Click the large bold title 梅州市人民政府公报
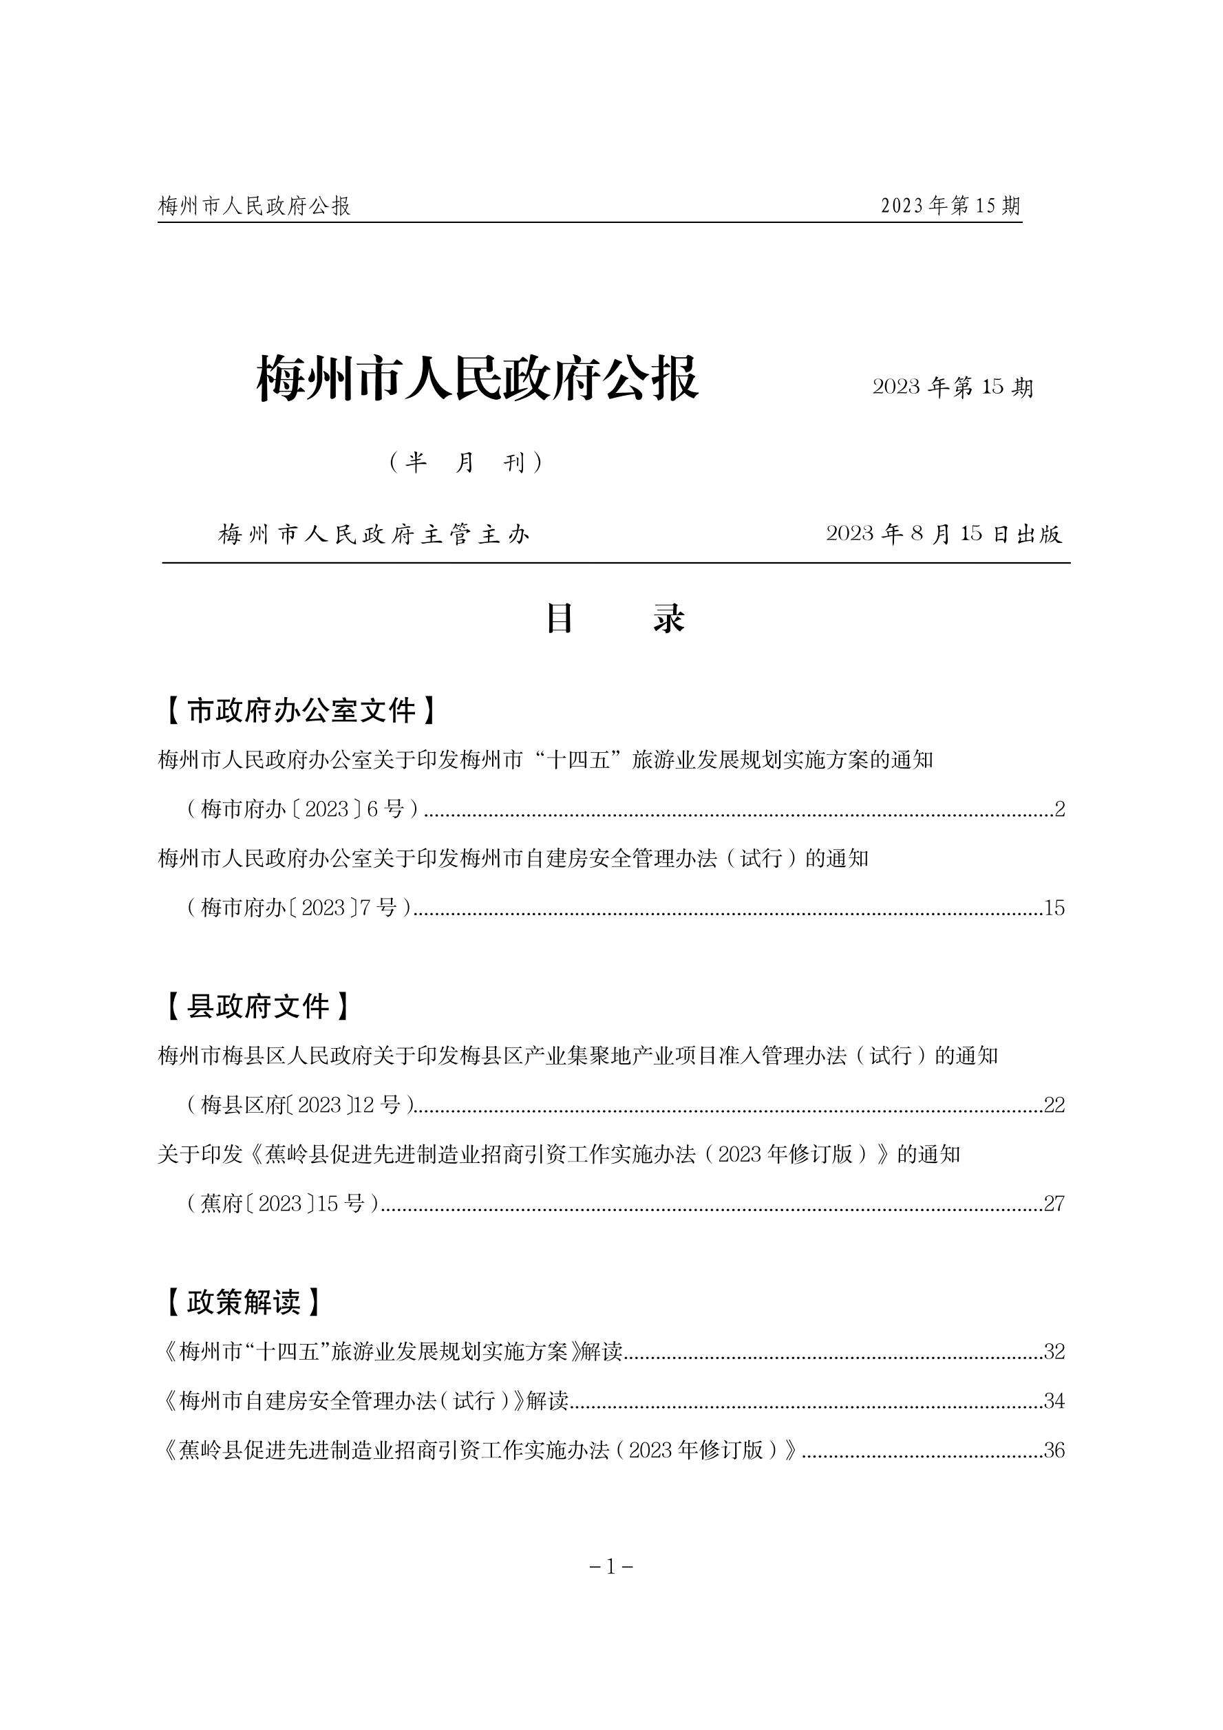click(478, 378)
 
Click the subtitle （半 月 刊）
click(465, 462)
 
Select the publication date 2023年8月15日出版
click(944, 534)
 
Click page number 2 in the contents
click(1059, 809)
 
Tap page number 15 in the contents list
click(1054, 908)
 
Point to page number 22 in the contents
click(1054, 1105)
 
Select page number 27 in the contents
click(1054, 1204)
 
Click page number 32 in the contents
click(1054, 1352)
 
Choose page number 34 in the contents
click(1054, 1401)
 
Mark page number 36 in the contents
click(1054, 1451)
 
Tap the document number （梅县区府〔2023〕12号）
click(299, 1105)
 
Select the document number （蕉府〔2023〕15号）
click(283, 1204)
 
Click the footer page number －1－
click(610, 1567)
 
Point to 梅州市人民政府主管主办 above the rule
click(374, 535)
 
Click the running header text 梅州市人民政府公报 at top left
click(255, 206)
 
